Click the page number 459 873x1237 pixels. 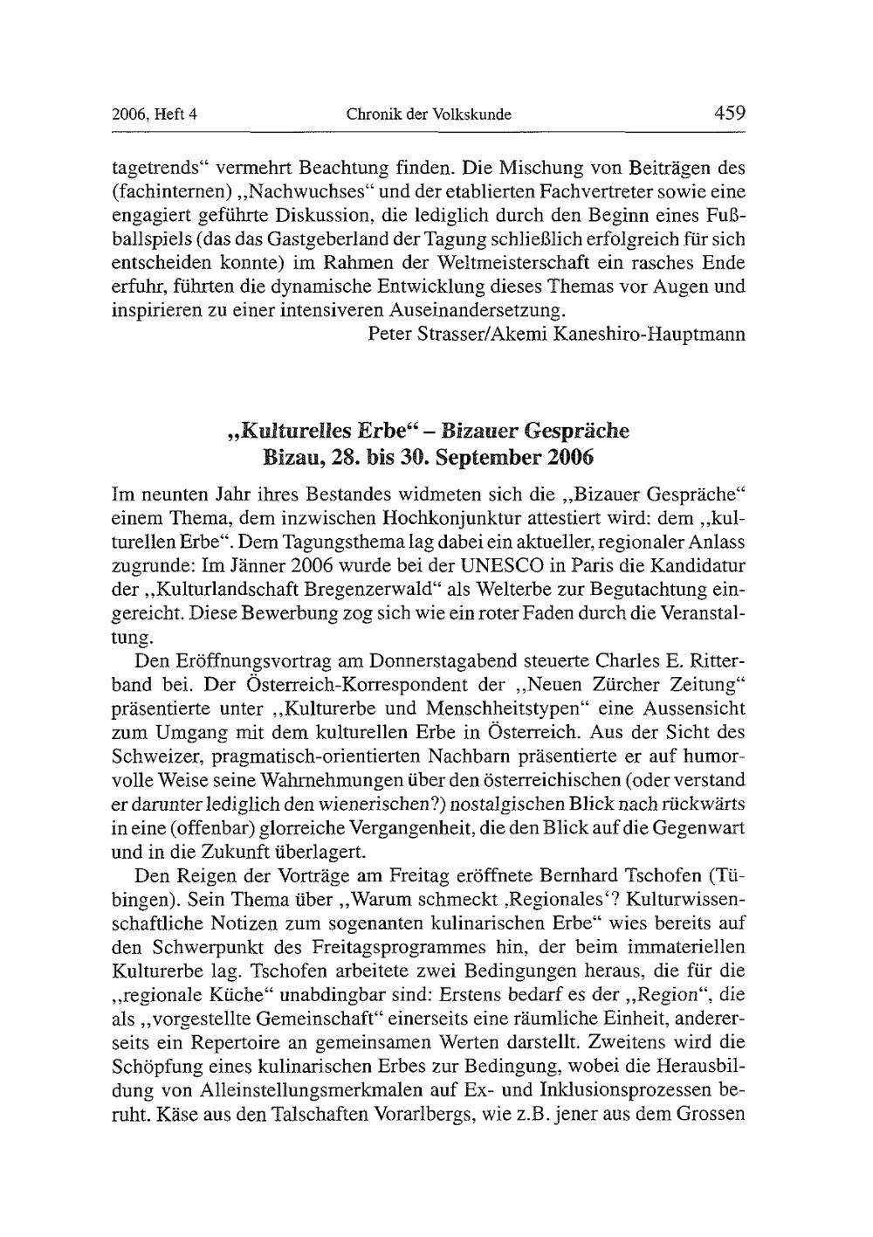728,113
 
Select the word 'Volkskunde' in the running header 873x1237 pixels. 477,114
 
